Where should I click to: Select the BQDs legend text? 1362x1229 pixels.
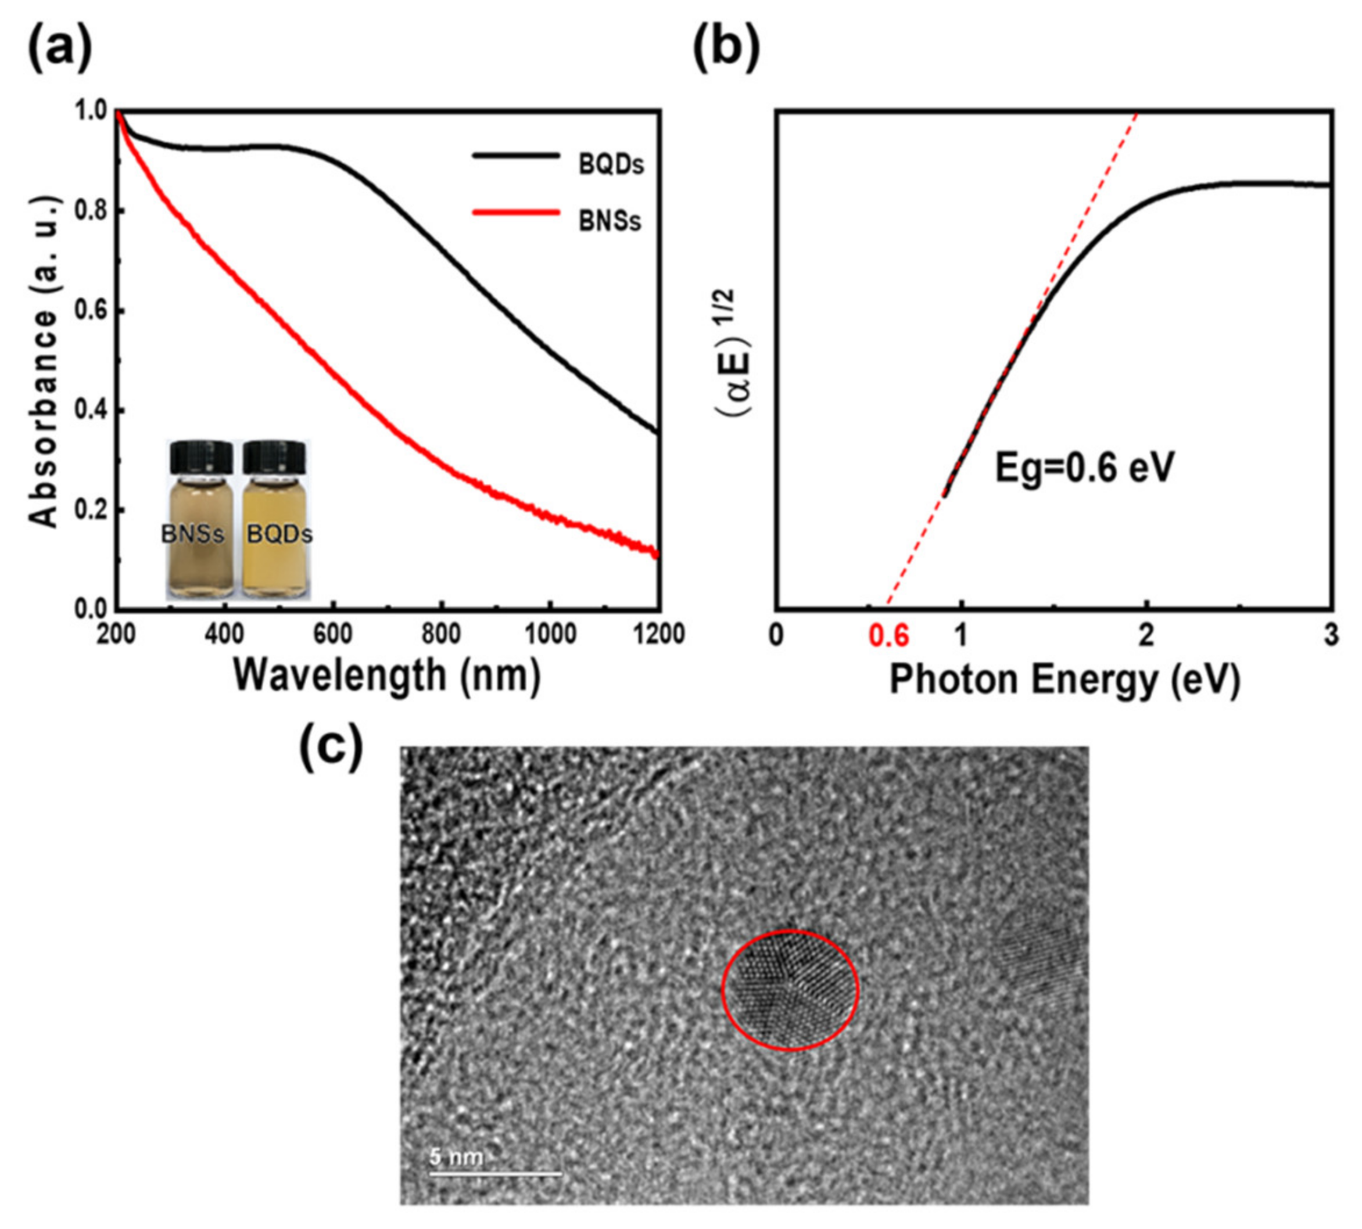coord(611,164)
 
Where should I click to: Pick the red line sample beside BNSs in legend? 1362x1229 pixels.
coord(516,213)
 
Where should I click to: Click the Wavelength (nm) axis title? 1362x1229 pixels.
coord(386,675)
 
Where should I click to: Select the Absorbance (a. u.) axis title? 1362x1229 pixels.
coord(45,362)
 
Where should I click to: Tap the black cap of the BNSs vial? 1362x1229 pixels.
coord(200,457)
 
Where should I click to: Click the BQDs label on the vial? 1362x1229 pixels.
coord(279,535)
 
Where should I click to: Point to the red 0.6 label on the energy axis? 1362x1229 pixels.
coord(888,636)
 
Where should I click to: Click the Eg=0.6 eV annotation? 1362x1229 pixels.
coord(1084,468)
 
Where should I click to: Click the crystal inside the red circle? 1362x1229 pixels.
coord(790,990)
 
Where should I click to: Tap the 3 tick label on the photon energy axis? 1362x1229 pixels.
coord(1330,636)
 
